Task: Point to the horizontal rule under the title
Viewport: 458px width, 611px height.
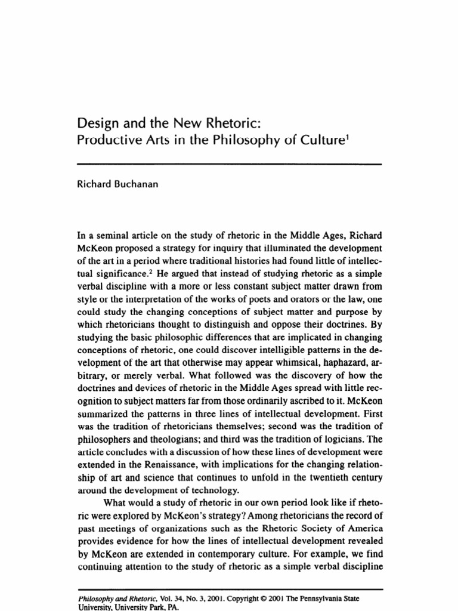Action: coord(229,163)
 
